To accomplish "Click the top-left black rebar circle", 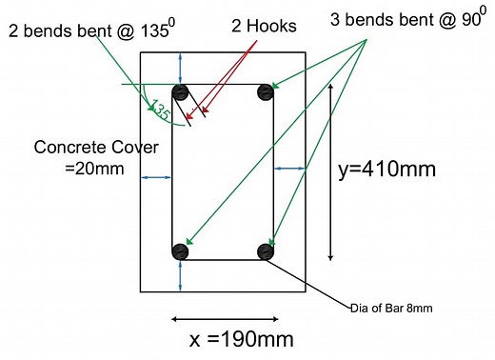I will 180,93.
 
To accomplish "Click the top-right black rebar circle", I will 266,93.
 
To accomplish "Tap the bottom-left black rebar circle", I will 180,251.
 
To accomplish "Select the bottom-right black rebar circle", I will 266,251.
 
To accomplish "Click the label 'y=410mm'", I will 387,170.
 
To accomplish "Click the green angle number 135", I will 159,110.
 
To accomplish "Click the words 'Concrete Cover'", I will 81,149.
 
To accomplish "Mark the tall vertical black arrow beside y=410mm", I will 330,171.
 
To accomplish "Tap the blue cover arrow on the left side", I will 156,177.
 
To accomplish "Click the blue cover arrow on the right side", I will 290,169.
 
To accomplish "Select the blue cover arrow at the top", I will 181,68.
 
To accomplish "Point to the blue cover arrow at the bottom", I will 181,275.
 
